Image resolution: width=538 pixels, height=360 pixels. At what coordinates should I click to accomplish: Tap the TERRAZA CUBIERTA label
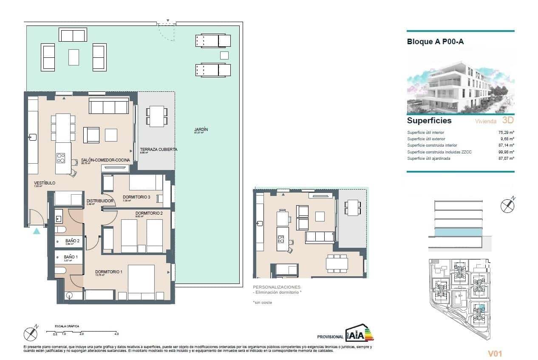click(159, 150)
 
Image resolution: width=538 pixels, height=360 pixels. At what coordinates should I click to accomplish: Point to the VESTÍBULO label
click(45, 183)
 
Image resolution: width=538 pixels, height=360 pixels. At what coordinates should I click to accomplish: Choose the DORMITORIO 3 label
click(136, 197)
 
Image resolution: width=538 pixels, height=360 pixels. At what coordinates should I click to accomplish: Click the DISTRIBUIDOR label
click(99, 201)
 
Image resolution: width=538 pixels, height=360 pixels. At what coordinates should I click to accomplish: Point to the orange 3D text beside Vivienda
click(508, 121)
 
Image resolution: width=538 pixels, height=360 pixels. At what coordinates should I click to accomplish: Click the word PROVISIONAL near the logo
click(330, 337)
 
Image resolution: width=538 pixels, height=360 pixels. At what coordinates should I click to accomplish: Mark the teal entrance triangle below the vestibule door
click(37, 231)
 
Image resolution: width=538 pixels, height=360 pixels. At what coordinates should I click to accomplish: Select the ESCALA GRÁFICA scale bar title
click(67, 326)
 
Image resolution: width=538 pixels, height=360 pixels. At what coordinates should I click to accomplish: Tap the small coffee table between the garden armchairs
click(74, 57)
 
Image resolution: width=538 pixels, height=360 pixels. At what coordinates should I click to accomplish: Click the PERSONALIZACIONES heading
click(276, 287)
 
